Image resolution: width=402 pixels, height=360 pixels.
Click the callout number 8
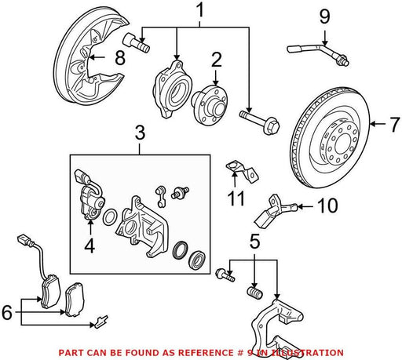tap(120, 58)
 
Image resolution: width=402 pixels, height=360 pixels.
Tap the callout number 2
tap(216, 60)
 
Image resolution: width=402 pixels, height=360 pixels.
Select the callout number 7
tap(394, 125)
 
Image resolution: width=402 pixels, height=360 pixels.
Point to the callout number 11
tap(236, 198)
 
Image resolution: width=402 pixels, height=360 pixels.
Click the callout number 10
tap(327, 205)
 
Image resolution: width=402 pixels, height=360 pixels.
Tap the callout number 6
tap(7, 312)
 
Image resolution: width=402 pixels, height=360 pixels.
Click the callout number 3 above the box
tap(140, 133)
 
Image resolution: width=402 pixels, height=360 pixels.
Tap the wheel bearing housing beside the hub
tap(172, 89)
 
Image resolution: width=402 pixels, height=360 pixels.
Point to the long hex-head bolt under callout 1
tap(259, 122)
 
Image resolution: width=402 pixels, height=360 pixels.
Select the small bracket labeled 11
tap(242, 172)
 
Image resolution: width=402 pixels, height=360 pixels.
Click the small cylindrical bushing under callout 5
tap(254, 293)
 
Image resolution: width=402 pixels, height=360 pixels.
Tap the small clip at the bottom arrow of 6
tap(101, 322)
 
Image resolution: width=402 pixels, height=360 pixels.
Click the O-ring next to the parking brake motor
tap(109, 216)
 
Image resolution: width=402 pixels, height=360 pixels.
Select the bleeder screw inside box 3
tap(180, 192)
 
